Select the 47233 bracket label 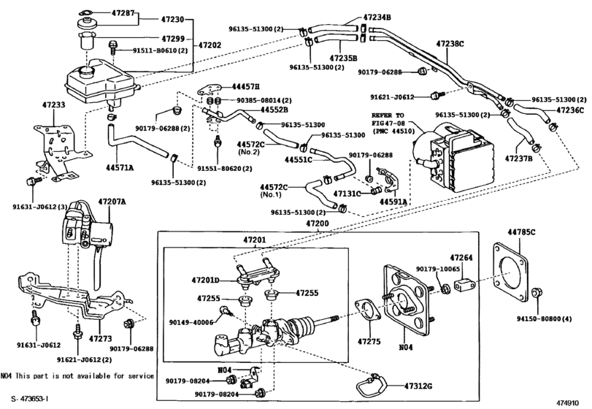[x=53, y=105]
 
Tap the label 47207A [x=112, y=200]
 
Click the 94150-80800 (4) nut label [x=549, y=318]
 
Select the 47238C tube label [x=450, y=44]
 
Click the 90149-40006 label [x=192, y=321]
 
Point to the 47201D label [x=206, y=280]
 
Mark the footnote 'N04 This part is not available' [x=77, y=376]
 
